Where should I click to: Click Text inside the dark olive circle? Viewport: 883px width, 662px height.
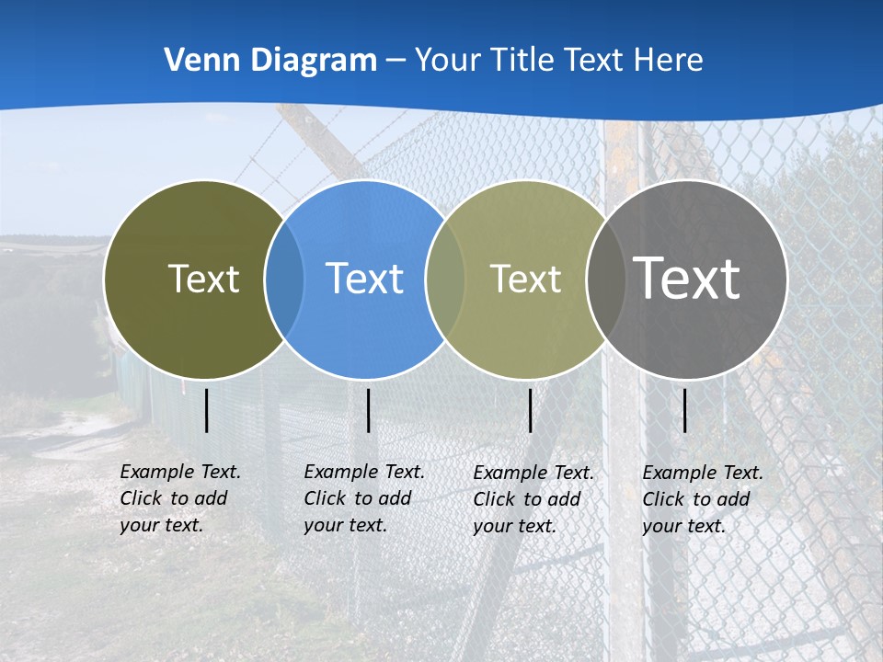(203, 279)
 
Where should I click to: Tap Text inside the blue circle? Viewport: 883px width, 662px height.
(365, 279)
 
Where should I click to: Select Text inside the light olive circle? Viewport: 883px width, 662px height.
(525, 279)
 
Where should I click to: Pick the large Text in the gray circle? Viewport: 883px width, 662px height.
(687, 279)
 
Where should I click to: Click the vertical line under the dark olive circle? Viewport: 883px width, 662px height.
(206, 410)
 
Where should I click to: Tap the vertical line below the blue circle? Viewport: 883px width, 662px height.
(368, 410)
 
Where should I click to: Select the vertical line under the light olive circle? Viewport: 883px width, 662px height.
(530, 410)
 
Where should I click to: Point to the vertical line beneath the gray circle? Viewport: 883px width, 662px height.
(684, 410)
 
